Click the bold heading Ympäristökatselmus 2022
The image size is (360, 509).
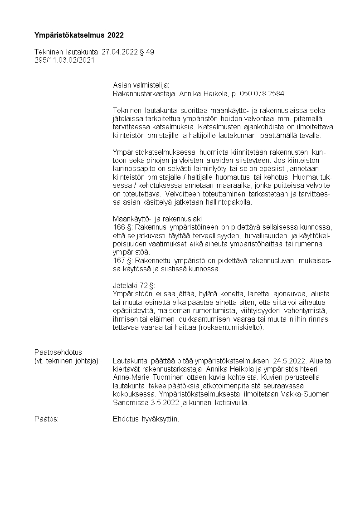click(x=79, y=35)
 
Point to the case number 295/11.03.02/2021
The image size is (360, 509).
click(x=64, y=60)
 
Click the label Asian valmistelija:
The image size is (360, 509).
click(x=141, y=85)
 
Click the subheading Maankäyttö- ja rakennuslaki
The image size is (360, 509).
click(x=157, y=219)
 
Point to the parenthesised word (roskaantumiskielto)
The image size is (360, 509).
click(x=231, y=327)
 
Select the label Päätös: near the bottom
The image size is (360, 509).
click(x=47, y=419)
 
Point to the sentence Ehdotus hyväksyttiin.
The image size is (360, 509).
click(x=146, y=419)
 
